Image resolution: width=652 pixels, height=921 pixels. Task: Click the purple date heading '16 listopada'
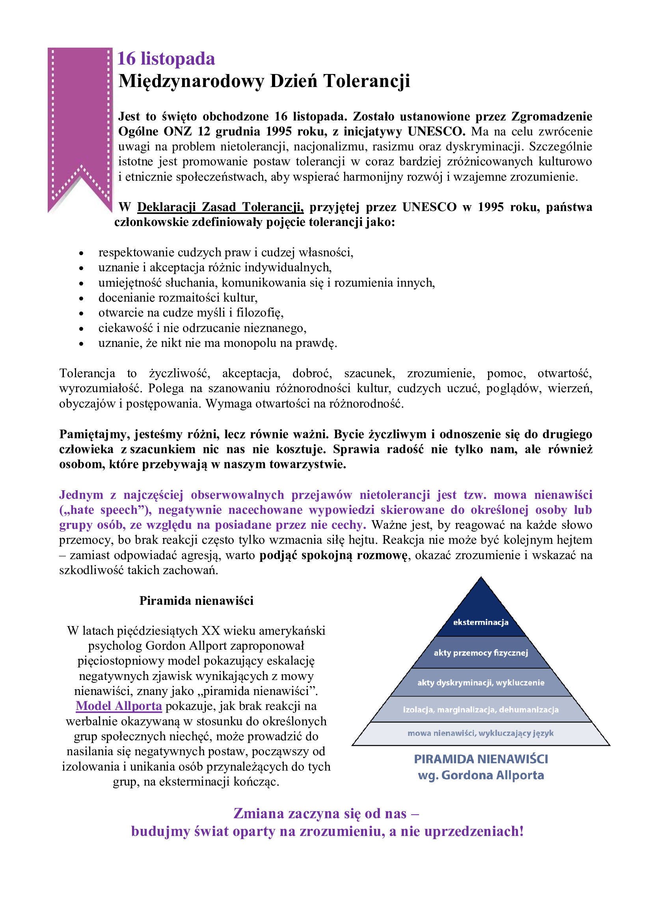[x=166, y=59]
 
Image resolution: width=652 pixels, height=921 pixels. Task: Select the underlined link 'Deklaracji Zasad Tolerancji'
[x=220, y=207]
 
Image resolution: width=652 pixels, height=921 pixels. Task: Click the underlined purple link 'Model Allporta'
[x=119, y=706]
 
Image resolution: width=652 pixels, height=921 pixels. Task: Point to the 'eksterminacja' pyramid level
[x=481, y=622]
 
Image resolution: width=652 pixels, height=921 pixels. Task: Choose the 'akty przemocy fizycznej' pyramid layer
[x=481, y=652]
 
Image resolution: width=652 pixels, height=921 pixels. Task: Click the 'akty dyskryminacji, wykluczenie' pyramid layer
[x=481, y=682]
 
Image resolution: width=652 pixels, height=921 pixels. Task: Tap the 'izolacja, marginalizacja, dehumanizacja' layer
[x=481, y=710]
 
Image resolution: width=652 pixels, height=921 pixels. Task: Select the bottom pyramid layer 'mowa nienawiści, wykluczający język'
[x=481, y=733]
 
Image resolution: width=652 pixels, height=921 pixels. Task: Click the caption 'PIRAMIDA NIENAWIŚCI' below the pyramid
[x=481, y=759]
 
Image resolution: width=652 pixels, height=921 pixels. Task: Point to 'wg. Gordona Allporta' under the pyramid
[x=481, y=775]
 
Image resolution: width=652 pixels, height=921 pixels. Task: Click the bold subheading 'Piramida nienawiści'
[x=196, y=601]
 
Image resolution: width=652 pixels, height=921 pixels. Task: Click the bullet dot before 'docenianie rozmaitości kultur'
[x=81, y=298]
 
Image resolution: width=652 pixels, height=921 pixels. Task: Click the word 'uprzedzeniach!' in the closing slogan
[x=474, y=831]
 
